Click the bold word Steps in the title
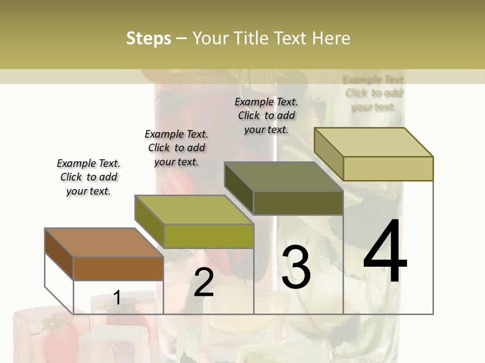click(x=149, y=38)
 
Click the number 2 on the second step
click(x=204, y=282)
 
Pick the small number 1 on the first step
click(x=117, y=297)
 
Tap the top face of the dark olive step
click(x=283, y=177)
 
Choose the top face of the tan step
click(x=374, y=142)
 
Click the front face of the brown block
click(x=118, y=268)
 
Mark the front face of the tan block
click(x=388, y=168)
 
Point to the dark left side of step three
click(x=238, y=187)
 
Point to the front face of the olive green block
click(x=209, y=236)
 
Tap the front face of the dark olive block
click(x=298, y=203)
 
